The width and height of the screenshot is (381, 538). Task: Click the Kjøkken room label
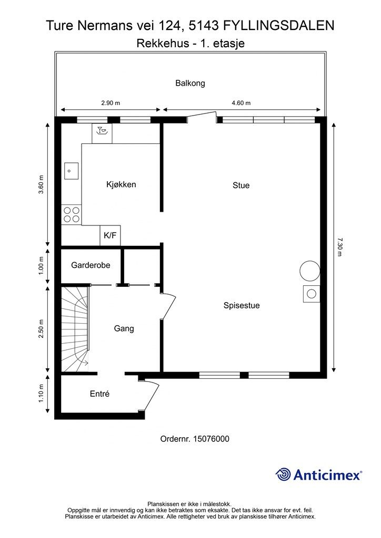pos(121,184)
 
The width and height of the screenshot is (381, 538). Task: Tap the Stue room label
pos(241,185)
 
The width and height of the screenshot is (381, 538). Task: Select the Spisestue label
pos(242,305)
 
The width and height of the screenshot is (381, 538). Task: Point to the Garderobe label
pos(91,265)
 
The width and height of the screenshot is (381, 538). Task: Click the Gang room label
pos(124,329)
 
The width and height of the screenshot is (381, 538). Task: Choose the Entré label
pos(99,394)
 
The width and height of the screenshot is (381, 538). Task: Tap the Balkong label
pos(190,83)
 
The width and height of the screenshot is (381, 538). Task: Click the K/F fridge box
pos(110,236)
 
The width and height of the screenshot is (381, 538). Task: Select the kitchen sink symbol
pos(71,171)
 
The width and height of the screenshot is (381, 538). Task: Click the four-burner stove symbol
pos(71,214)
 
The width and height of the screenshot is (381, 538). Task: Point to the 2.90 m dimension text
pos(110,103)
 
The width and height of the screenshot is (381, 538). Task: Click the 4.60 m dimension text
pos(241,103)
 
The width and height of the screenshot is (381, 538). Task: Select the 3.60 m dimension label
pos(42,184)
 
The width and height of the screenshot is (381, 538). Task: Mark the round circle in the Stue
pos(309,271)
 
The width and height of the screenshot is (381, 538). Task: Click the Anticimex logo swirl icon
pos(284,474)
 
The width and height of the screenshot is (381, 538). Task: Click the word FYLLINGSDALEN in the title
pos(279,25)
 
